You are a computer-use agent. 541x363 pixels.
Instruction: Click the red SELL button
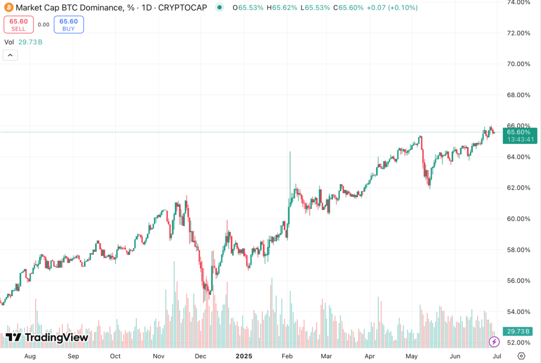pos(18,24)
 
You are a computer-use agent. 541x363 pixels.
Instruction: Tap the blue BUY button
pos(68,24)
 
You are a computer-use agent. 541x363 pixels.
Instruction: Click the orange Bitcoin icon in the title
pos(8,7)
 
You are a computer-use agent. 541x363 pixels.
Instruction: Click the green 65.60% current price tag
pos(520,132)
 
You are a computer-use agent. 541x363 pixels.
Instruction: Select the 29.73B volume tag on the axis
pos(520,331)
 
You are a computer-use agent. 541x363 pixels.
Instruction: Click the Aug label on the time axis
pos(30,356)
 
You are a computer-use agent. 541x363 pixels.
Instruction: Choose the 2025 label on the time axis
pos(244,356)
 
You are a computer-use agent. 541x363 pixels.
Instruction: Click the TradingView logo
pos(47,338)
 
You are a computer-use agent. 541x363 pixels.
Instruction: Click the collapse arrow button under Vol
pos(11,55)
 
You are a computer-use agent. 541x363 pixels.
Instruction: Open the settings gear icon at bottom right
pos(521,356)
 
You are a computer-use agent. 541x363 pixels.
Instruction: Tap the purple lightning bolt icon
pos(494,342)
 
